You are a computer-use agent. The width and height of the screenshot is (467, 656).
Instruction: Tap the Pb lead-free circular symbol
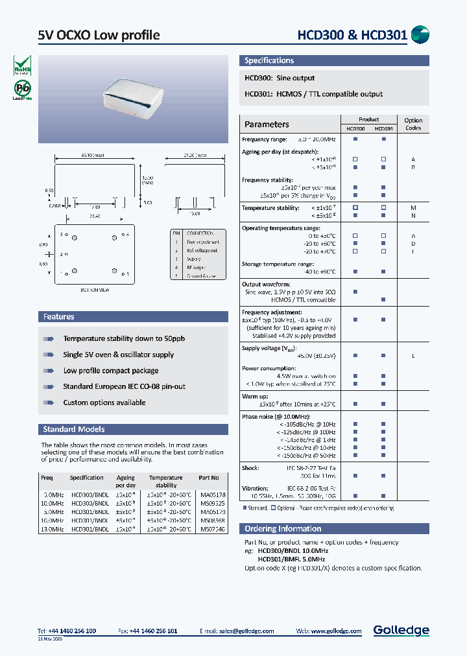[23, 89]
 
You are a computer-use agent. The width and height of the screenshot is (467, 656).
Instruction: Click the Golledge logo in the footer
[401, 630]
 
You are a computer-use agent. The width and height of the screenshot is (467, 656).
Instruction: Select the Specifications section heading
[269, 61]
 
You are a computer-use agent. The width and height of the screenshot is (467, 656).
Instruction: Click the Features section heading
[59, 317]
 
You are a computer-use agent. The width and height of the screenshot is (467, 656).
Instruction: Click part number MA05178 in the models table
[213, 495]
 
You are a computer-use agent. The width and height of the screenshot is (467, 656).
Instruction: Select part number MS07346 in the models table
[213, 529]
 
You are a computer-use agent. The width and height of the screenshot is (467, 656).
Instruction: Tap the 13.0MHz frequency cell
[52, 529]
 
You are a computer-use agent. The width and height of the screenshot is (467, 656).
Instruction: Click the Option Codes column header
[413, 124]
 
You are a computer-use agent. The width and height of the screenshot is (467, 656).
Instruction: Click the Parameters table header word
[267, 124]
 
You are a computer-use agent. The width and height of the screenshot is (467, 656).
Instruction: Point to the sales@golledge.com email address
[246, 631]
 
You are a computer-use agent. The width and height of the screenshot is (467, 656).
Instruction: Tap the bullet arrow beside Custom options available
[48, 403]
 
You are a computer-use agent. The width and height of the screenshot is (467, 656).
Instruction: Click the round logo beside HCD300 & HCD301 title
[421, 35]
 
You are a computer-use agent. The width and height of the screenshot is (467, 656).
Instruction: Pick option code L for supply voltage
[413, 356]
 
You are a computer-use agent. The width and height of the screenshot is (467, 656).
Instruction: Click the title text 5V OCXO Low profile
[99, 35]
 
